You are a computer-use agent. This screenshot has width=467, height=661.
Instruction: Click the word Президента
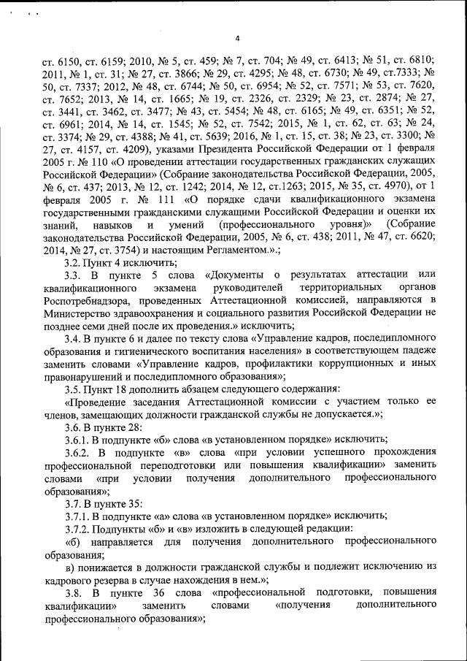pos(257,148)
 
